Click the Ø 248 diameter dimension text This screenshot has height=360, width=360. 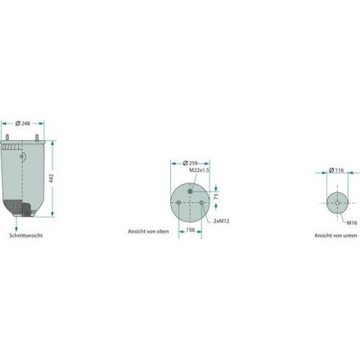click(x=23, y=124)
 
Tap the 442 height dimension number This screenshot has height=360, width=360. click(x=52, y=178)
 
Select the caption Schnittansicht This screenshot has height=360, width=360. click(x=26, y=236)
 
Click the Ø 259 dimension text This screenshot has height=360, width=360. click(x=190, y=164)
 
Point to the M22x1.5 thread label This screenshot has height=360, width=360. click(x=199, y=170)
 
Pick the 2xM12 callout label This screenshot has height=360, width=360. click(x=222, y=221)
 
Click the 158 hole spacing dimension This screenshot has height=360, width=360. click(x=190, y=230)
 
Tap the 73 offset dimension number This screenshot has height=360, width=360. click(x=216, y=196)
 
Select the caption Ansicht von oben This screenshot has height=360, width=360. click(x=148, y=232)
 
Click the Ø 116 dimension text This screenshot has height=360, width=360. click(x=336, y=170)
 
